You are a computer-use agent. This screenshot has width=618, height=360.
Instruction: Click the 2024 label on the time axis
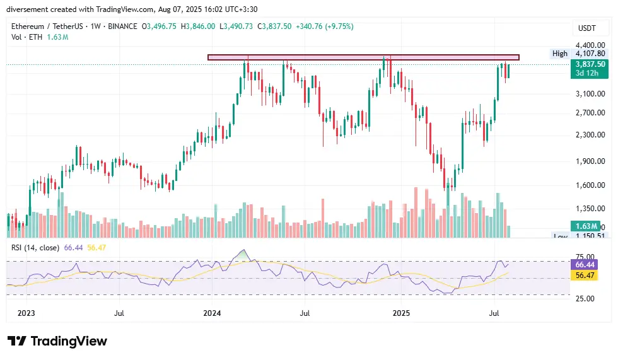click(213, 312)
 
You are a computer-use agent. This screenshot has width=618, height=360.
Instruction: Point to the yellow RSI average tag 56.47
click(583, 276)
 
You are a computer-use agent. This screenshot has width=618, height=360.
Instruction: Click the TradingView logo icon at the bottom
click(18, 341)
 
